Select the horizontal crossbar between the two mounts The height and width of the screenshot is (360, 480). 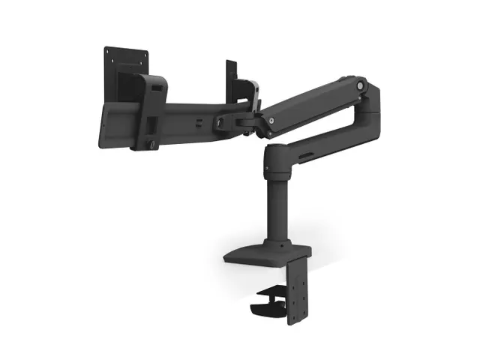[x=187, y=120]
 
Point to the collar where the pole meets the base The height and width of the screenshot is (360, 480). [x=274, y=241]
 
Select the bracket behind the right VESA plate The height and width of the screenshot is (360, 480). [x=244, y=90]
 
